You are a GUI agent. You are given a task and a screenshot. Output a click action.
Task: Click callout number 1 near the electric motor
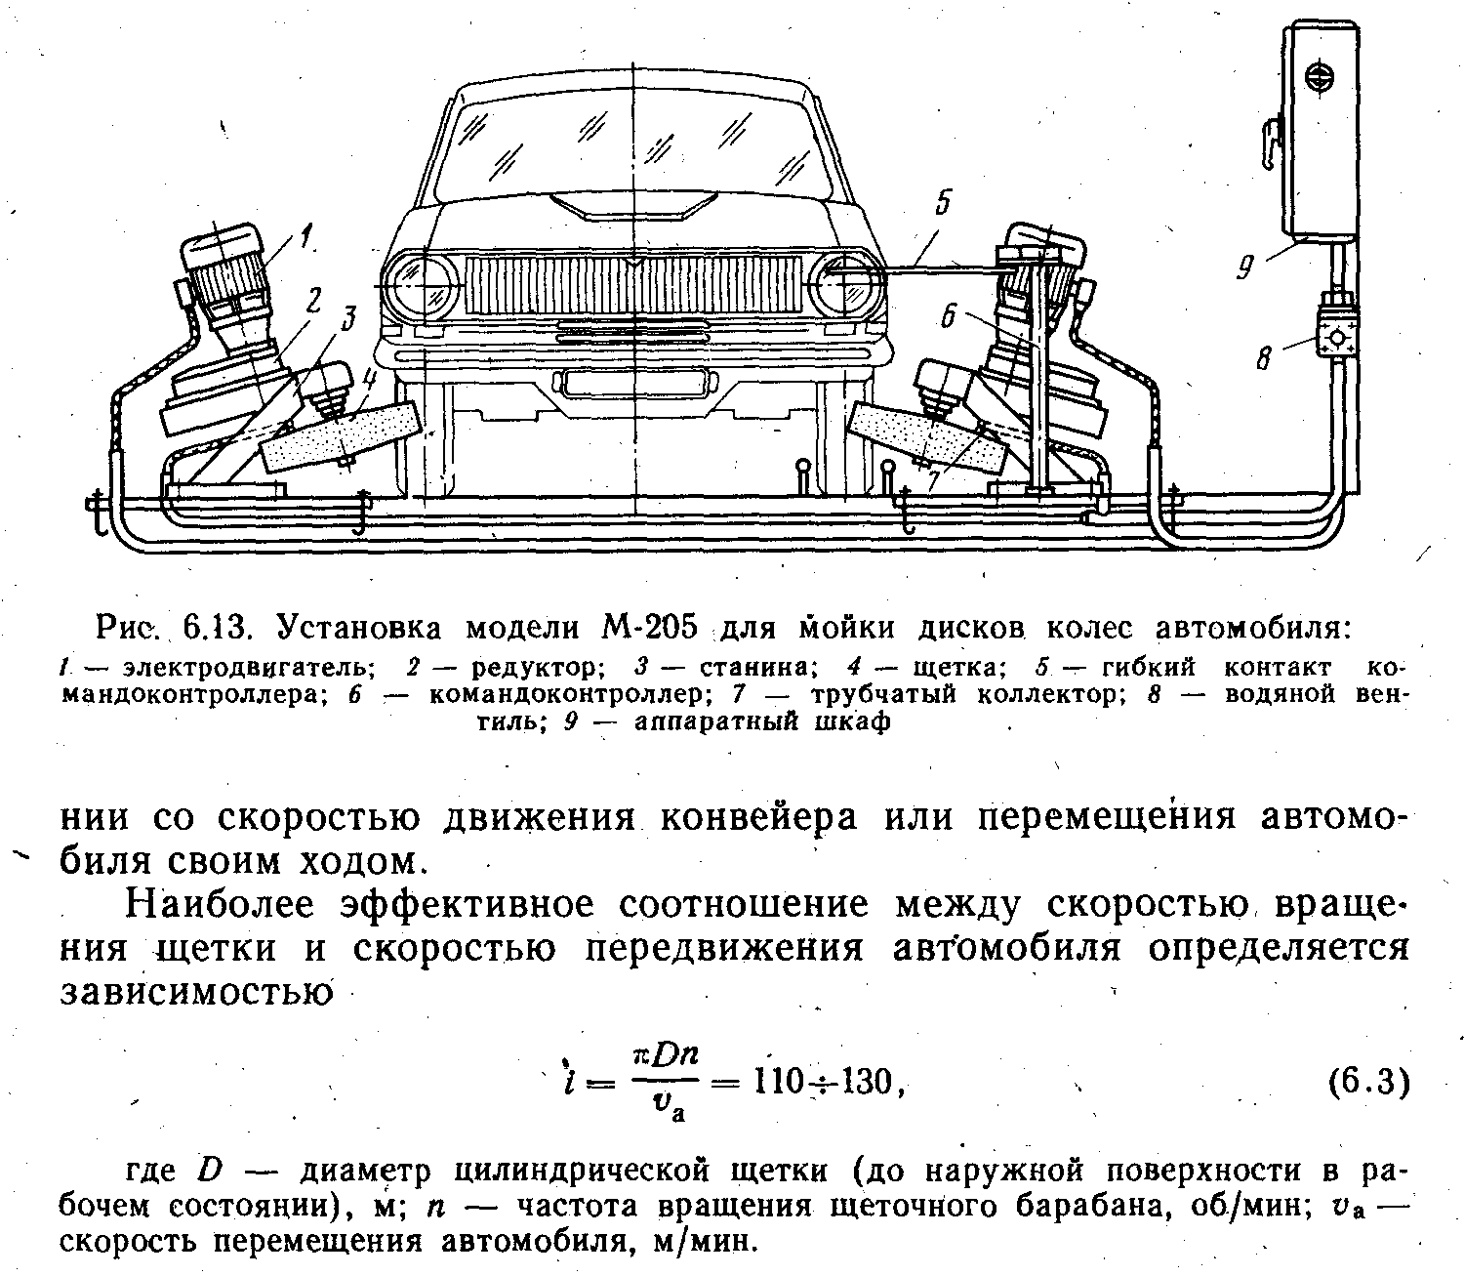pos(305,235)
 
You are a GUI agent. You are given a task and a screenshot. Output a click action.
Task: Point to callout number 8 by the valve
pos(1265,359)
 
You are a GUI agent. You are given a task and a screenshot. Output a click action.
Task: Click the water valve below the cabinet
pos(1338,336)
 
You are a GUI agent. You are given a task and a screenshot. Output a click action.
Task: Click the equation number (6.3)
pos(1369,1083)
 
